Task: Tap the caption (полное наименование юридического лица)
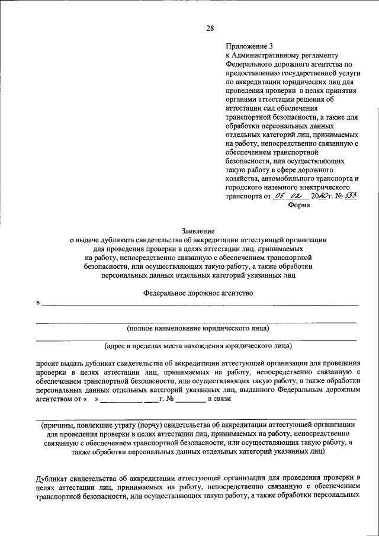point(198,328)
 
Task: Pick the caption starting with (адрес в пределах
point(198,345)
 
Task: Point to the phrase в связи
point(217,399)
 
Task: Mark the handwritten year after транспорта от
point(319,196)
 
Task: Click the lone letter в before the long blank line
point(37,303)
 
